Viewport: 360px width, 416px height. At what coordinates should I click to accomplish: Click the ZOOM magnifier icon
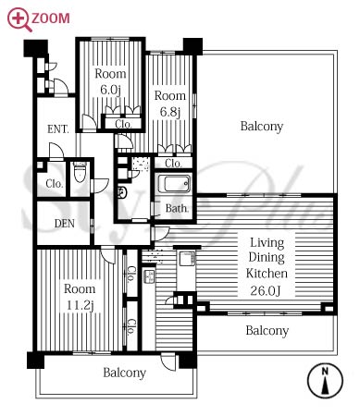(19, 19)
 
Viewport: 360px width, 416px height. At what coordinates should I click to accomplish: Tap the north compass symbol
(325, 381)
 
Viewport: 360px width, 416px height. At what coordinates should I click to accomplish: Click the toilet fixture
(81, 173)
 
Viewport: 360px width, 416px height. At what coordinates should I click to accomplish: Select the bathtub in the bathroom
(175, 184)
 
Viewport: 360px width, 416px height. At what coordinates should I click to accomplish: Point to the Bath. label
(177, 208)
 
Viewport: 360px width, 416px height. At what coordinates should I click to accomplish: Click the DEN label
(65, 224)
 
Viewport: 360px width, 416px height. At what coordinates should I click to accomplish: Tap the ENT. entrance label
(58, 129)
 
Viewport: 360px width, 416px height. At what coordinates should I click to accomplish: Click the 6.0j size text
(110, 90)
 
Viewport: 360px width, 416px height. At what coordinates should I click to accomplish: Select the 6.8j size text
(170, 112)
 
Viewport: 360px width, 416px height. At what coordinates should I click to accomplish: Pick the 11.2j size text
(80, 305)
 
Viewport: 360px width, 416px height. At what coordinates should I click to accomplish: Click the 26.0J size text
(266, 290)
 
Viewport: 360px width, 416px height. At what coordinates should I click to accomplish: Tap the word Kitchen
(267, 274)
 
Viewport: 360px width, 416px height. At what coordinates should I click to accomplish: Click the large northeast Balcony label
(262, 127)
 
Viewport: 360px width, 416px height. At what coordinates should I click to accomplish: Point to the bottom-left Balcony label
(124, 373)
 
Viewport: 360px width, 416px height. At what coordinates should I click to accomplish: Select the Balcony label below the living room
(267, 331)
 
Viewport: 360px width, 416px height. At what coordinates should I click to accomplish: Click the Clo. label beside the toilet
(55, 184)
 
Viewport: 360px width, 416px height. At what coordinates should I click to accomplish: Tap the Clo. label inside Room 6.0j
(123, 124)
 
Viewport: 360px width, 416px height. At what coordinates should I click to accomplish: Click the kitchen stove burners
(149, 276)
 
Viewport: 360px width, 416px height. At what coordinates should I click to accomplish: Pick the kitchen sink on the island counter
(187, 258)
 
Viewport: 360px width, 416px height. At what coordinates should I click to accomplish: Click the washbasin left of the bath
(122, 192)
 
